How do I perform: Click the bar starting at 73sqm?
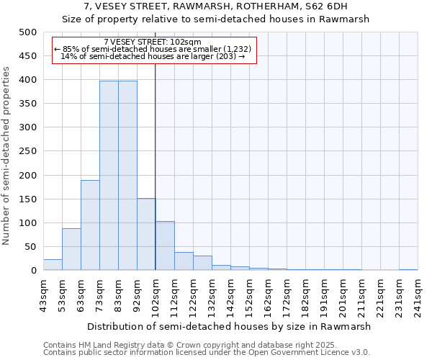point(109,176)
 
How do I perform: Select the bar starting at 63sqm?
point(90,225)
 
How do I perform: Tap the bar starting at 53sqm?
point(71,249)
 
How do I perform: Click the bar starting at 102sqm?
point(165,246)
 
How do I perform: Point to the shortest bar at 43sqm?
point(53,265)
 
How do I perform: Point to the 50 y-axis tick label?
point(30,247)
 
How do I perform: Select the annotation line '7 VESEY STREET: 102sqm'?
point(153,42)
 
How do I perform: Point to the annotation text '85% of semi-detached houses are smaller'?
point(153,49)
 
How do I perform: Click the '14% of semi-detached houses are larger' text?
point(153,56)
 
